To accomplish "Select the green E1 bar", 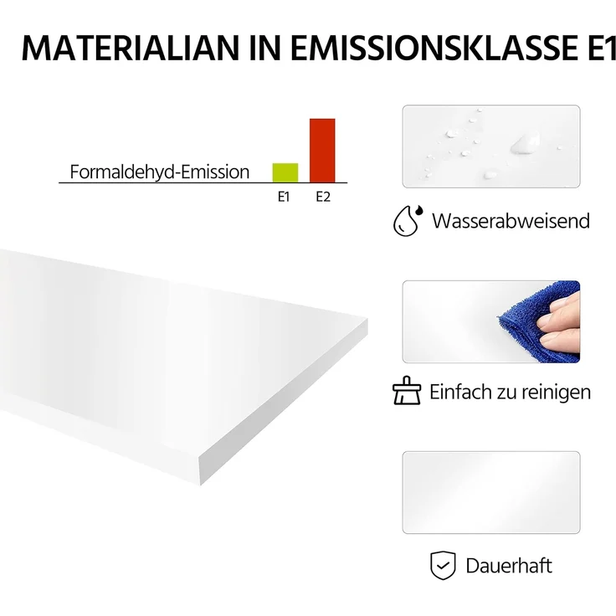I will (x=285, y=172).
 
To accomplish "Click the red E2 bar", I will (x=322, y=151).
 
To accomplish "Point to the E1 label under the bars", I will (x=284, y=198).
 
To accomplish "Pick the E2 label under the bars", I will (x=323, y=198).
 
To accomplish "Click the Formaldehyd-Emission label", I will (x=160, y=172).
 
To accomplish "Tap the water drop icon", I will (x=408, y=220).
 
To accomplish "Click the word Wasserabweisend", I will (x=511, y=221).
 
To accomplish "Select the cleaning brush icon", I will (x=407, y=391).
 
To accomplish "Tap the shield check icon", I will (x=443, y=566).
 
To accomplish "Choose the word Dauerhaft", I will (x=509, y=566).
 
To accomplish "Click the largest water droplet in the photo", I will (x=526, y=144).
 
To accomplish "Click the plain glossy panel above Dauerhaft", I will (x=490, y=492).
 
